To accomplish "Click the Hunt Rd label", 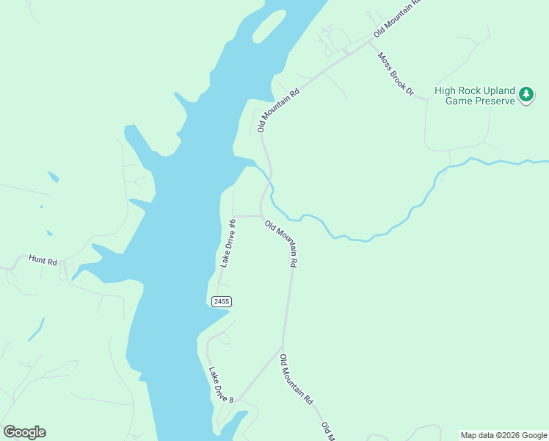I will point(42,259).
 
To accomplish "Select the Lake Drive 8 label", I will point(221,384).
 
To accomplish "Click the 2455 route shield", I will point(221,301).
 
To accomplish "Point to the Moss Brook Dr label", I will point(396,74).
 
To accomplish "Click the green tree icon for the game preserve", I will point(526,95).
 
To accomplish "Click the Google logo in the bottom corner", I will point(24,432).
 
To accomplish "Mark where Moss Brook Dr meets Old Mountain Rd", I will point(369,42).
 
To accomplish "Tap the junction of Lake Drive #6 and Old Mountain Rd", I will point(261,216).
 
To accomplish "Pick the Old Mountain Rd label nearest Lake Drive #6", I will point(282,244).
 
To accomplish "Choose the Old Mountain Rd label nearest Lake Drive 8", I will point(297,379).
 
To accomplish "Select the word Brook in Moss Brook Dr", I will point(397,75).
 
